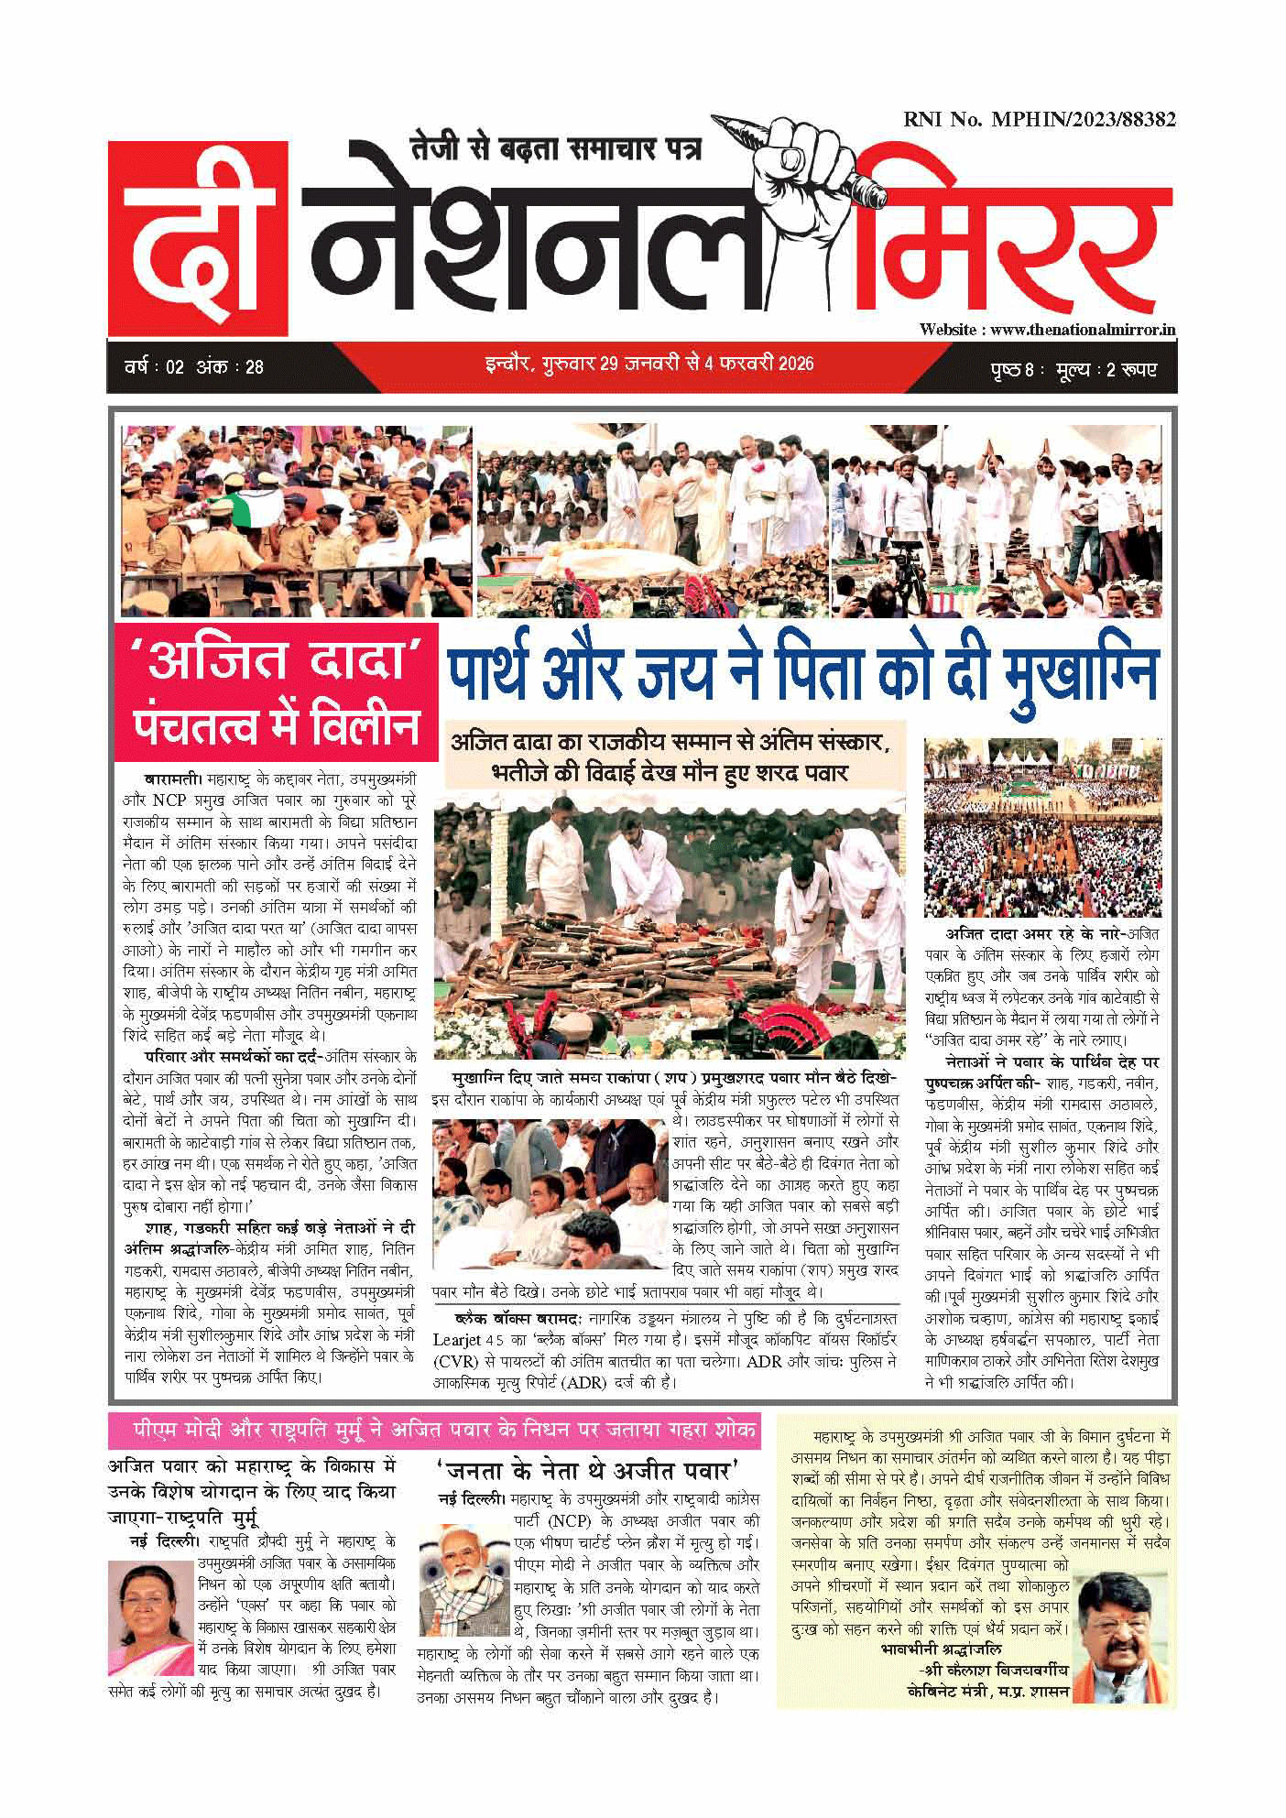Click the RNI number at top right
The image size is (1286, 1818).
pos(1039,119)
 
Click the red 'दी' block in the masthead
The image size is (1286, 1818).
pos(200,240)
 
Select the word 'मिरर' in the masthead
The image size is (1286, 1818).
pos(1017,247)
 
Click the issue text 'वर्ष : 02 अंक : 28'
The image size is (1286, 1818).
pos(194,367)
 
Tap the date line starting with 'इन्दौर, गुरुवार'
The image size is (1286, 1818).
pos(648,365)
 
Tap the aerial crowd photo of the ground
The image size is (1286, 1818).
pos(1042,828)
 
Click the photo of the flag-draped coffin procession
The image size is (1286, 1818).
pos(297,520)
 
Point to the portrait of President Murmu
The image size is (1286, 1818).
pos(150,1618)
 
